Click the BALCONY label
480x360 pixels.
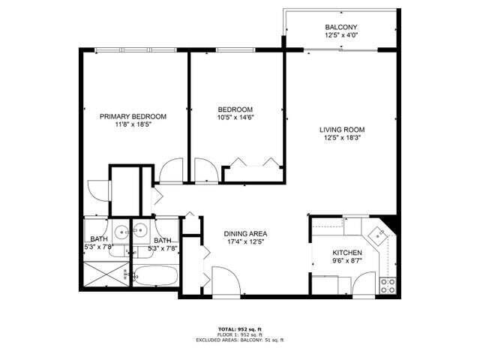pyautogui.click(x=340, y=26)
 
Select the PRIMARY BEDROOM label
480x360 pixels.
pyautogui.click(x=133, y=116)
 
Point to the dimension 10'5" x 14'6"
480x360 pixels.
pyautogui.click(x=235, y=117)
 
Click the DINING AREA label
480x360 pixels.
pyautogui.click(x=246, y=233)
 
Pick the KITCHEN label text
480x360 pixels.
pyautogui.click(x=347, y=253)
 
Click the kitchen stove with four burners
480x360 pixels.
pyautogui.click(x=388, y=284)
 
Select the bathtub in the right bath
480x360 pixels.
pyautogui.click(x=157, y=276)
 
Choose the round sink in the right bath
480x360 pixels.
pyautogui.click(x=139, y=229)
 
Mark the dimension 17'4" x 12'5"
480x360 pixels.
pyautogui.click(x=246, y=242)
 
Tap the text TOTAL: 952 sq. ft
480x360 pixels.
pyautogui.click(x=239, y=329)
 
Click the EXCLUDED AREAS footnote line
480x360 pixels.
pyautogui.click(x=239, y=340)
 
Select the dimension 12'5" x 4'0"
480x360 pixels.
pyautogui.click(x=340, y=35)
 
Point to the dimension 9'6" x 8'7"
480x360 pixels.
pyautogui.click(x=347, y=262)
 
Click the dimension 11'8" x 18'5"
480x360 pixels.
pyautogui.click(x=133, y=125)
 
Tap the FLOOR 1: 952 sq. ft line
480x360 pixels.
pyautogui.click(x=239, y=335)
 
